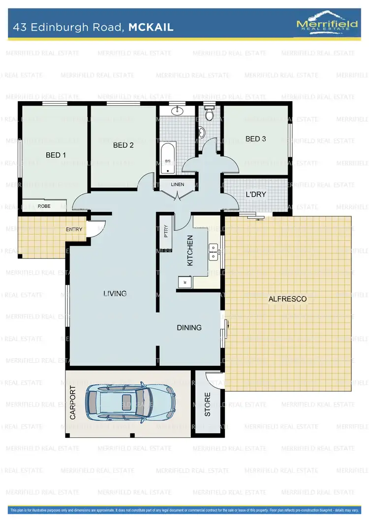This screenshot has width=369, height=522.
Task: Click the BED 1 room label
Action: (x=56, y=155)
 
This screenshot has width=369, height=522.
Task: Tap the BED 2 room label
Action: (x=123, y=145)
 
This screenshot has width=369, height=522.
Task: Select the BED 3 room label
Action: (x=255, y=139)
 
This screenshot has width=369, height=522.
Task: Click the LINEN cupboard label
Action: (x=177, y=184)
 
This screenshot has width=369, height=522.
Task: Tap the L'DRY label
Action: (x=255, y=194)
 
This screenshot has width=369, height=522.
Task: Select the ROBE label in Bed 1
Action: (x=44, y=206)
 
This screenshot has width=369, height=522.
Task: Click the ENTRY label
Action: (x=74, y=229)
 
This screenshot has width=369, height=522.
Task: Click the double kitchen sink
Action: (x=214, y=251)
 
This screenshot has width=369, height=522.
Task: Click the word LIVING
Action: (x=115, y=293)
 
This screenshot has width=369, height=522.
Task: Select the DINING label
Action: (x=189, y=327)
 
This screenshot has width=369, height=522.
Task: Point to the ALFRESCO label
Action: (x=287, y=299)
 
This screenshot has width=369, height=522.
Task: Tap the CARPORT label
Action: (x=73, y=403)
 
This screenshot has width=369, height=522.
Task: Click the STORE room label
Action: (x=207, y=404)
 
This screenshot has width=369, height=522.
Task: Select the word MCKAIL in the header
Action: (x=151, y=28)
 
